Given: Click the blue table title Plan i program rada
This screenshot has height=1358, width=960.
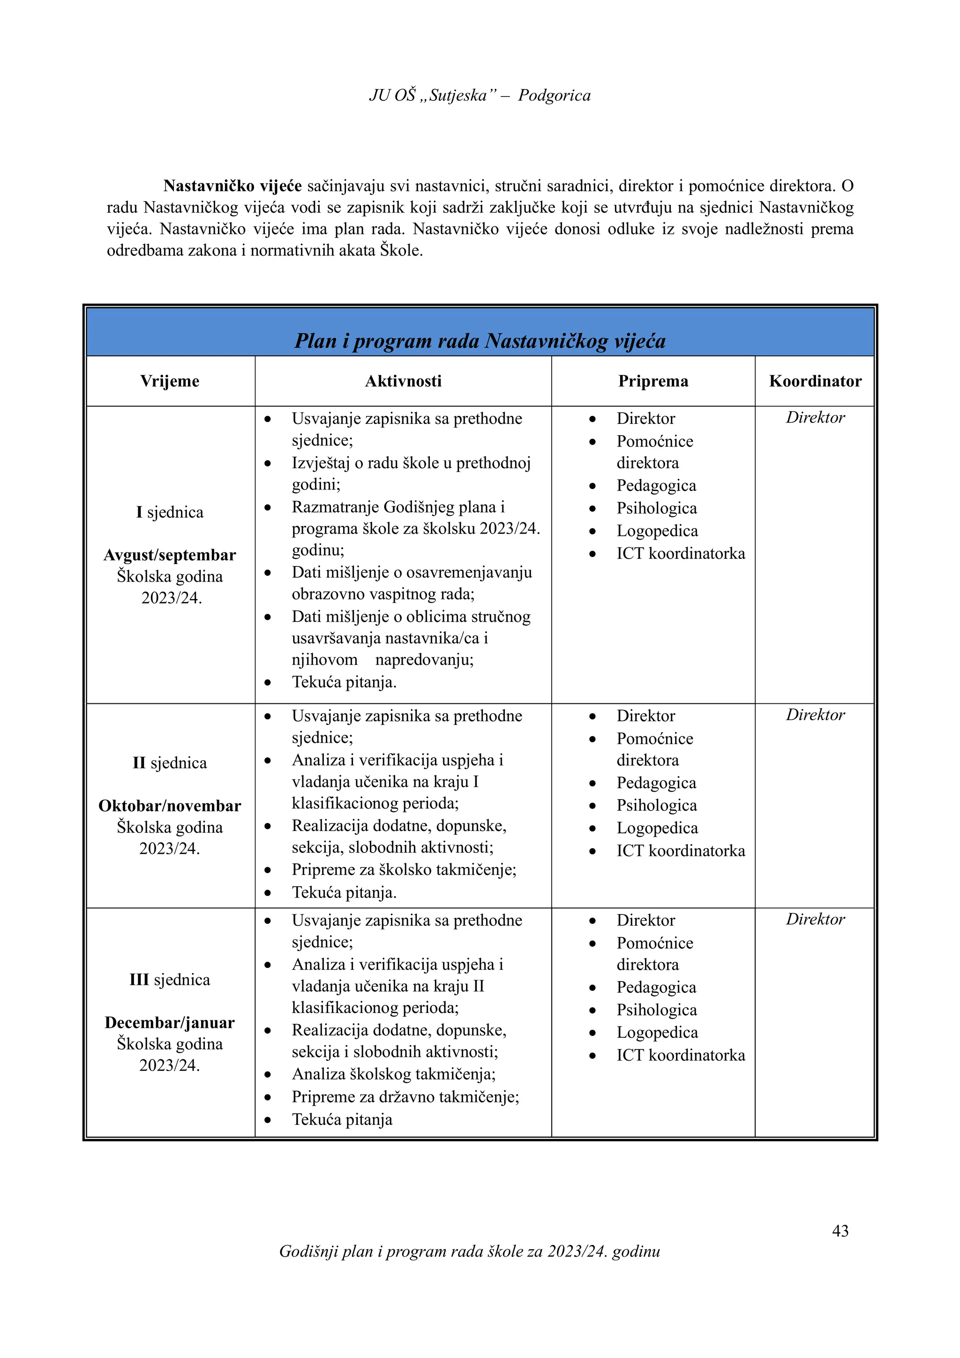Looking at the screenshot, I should coord(480,341).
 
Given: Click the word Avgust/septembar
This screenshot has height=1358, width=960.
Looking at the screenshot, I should coord(170,555).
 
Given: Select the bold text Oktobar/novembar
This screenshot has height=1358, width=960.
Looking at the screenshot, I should coord(170,806).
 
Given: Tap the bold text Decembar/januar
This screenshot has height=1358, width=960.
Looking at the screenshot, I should coord(170,1022).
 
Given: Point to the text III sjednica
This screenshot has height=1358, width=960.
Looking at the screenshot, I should coord(170,980).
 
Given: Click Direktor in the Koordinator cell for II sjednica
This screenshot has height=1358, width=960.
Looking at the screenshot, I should coord(815,715).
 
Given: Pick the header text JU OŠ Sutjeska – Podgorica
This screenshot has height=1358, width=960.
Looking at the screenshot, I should coord(480,95).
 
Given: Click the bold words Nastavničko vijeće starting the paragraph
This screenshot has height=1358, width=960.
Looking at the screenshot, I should coord(232,186).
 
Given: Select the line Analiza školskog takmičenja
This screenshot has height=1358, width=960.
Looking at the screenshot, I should coord(394,1073).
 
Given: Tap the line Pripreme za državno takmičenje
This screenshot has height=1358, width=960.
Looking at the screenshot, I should coord(405,1096).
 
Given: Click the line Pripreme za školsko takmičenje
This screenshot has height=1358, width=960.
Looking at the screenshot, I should coord(404,869).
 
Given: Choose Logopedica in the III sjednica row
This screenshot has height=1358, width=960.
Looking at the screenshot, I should coord(657,1032).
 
